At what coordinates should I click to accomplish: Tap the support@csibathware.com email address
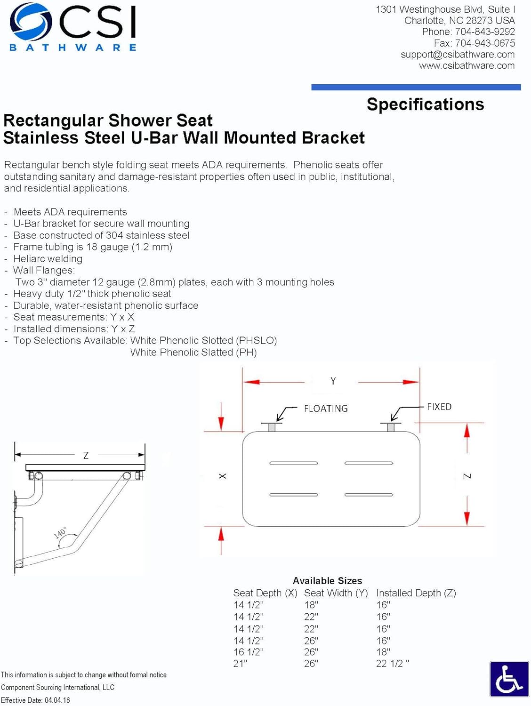click(457, 55)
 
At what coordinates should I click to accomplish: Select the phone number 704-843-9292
click(484, 32)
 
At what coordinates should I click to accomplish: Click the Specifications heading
click(425, 104)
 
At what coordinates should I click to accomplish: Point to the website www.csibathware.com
click(467, 66)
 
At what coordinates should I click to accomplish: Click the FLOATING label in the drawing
click(326, 409)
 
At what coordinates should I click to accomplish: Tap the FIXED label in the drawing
click(439, 407)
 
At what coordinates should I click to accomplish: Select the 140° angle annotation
click(60, 533)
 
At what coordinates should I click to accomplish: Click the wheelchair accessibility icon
click(509, 679)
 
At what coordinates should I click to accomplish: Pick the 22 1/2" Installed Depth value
click(393, 664)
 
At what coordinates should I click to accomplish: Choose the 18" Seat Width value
click(311, 605)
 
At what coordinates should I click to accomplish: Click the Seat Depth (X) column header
click(265, 593)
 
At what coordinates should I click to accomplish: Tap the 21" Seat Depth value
click(240, 664)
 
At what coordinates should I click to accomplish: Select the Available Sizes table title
click(327, 581)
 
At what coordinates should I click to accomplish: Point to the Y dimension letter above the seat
click(333, 381)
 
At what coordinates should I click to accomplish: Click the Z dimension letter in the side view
click(86, 456)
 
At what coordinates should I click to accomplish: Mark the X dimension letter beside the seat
click(223, 476)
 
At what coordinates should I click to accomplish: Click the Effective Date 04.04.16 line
click(35, 700)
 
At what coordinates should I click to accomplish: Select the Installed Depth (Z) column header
click(416, 593)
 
